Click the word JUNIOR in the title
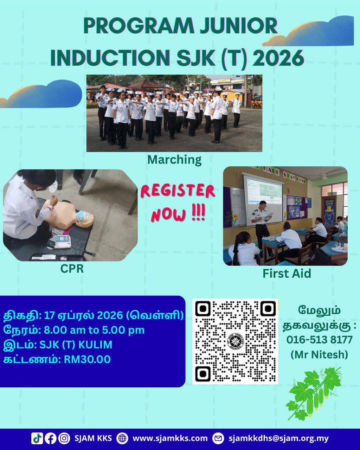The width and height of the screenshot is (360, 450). pos(238,26)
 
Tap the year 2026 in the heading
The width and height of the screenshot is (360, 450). pos(279,57)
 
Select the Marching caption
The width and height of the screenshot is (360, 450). pos(174,160)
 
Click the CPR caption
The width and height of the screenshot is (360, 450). pos(72,269)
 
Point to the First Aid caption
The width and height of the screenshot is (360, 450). pos(287,274)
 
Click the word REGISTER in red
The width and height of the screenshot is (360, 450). pos(178,191)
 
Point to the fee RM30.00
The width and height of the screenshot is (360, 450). pos(87,359)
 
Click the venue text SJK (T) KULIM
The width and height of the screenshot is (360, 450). pos(76,345)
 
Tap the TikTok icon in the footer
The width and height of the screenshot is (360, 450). pos(37,438)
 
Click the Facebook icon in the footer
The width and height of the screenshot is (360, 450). pos(50,438)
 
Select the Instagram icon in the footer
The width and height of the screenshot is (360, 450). pos(64,438)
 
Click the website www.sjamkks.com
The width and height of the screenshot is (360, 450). pos(170,438)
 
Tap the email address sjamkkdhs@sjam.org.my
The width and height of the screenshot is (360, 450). pos(279,438)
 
